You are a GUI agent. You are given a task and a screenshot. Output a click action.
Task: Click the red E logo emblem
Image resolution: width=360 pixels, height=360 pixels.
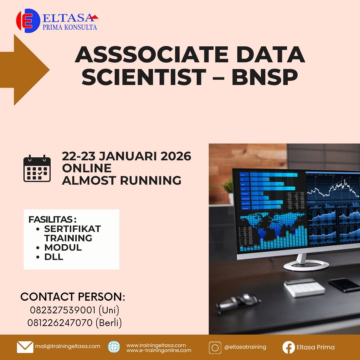[x=28, y=21]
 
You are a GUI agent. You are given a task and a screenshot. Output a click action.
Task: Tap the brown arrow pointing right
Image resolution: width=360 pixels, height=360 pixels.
[x=25, y=70]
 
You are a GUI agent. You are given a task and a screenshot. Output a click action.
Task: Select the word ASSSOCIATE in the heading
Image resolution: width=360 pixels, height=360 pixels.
[x=152, y=55]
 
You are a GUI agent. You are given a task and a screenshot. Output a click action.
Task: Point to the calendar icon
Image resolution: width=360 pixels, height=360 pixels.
[x=37, y=169]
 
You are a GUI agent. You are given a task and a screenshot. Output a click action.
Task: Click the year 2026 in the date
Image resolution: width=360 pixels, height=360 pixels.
[x=176, y=156]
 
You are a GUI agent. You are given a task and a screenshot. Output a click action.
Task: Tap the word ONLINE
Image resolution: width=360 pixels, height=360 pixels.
[x=87, y=168]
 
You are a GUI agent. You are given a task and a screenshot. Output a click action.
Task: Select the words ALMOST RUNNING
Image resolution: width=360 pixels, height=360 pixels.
[x=122, y=180]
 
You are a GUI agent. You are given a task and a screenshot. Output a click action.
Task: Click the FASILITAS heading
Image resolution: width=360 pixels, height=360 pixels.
[x=52, y=219]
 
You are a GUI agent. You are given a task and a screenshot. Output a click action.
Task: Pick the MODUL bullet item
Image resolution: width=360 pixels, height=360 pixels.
[x=63, y=247]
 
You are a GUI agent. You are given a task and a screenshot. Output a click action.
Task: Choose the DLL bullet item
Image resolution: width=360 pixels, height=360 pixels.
[x=53, y=257]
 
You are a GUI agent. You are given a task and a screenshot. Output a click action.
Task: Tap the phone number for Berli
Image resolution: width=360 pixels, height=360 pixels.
[x=60, y=323]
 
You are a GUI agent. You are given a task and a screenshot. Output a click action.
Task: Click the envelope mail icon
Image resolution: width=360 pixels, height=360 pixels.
[x=25, y=347]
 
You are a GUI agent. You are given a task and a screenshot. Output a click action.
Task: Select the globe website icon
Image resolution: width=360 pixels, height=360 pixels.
[x=114, y=347]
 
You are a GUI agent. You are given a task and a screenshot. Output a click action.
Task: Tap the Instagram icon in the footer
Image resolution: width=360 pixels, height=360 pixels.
[x=215, y=348]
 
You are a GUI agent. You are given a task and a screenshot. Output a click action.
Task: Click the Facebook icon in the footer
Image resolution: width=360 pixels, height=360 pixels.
[x=289, y=347]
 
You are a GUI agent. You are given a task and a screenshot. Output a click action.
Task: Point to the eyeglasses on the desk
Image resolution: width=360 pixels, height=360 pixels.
[x=238, y=303]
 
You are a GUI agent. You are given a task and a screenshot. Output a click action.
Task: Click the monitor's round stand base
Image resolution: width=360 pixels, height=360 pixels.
[x=306, y=266]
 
